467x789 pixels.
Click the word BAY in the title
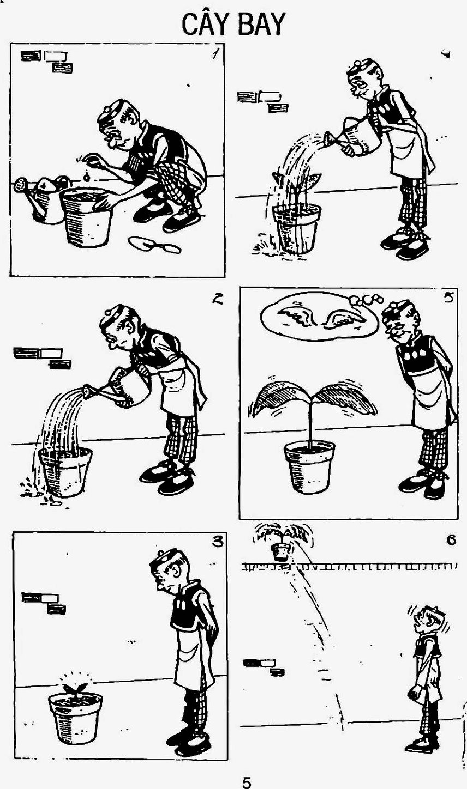261,24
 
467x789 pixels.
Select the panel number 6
451,540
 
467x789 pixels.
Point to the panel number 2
218,299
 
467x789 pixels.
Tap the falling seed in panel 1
86,177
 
